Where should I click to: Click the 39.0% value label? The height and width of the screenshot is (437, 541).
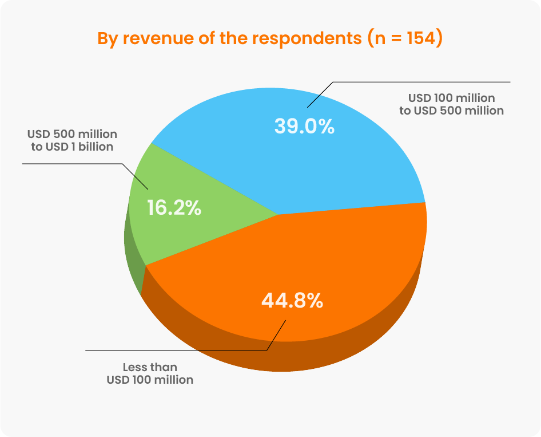pyautogui.click(x=304, y=126)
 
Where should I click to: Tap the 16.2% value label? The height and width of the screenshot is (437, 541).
pyautogui.click(x=174, y=208)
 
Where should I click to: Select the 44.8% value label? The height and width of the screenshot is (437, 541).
pyautogui.click(x=292, y=300)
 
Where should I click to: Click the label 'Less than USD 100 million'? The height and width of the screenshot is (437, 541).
pyautogui.click(x=150, y=373)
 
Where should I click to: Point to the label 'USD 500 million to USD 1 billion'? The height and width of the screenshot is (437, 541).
pyautogui.click(x=72, y=140)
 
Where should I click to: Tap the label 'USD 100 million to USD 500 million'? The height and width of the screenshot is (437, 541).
pyautogui.click(x=451, y=104)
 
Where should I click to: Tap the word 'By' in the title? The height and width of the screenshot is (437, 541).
pyautogui.click(x=108, y=39)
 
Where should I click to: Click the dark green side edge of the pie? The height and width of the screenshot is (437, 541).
pyautogui.click(x=133, y=269)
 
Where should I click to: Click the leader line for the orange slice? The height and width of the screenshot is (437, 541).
pyautogui.click(x=172, y=349)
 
